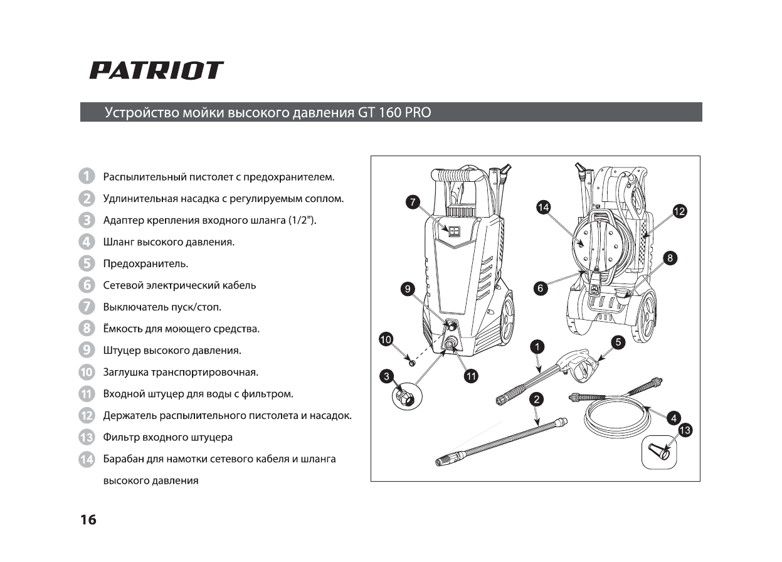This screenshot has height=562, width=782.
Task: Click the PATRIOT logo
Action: [x=156, y=70]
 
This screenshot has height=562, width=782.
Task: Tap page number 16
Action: [x=88, y=520]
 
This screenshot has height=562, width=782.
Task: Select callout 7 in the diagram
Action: [x=412, y=202]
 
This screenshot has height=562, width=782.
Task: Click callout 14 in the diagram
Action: [x=543, y=207]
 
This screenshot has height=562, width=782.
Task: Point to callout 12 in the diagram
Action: [x=679, y=211]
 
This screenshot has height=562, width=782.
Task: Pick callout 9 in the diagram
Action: [x=408, y=289]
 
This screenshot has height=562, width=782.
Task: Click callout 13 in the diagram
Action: [x=685, y=430]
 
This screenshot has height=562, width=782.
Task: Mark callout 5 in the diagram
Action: [x=618, y=342]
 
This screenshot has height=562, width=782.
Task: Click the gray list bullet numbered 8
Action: [x=87, y=328]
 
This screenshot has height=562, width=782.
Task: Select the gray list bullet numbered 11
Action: [x=87, y=394]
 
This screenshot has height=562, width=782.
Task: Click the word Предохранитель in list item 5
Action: [x=145, y=263]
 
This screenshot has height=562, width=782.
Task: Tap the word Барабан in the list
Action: [x=123, y=459]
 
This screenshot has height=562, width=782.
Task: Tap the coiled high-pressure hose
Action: [x=615, y=416]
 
